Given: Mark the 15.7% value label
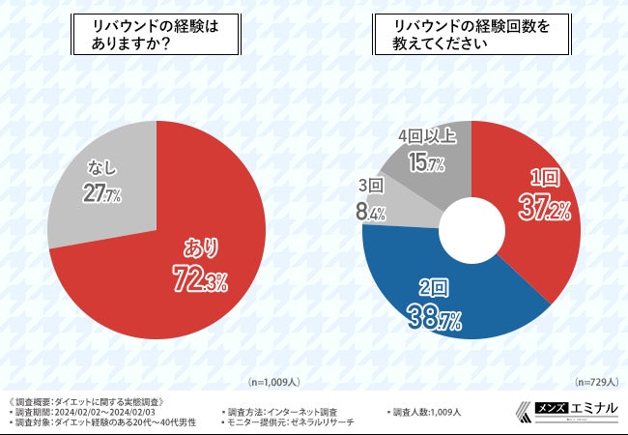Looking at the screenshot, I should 425,163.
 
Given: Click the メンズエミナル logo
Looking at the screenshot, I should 575,410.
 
